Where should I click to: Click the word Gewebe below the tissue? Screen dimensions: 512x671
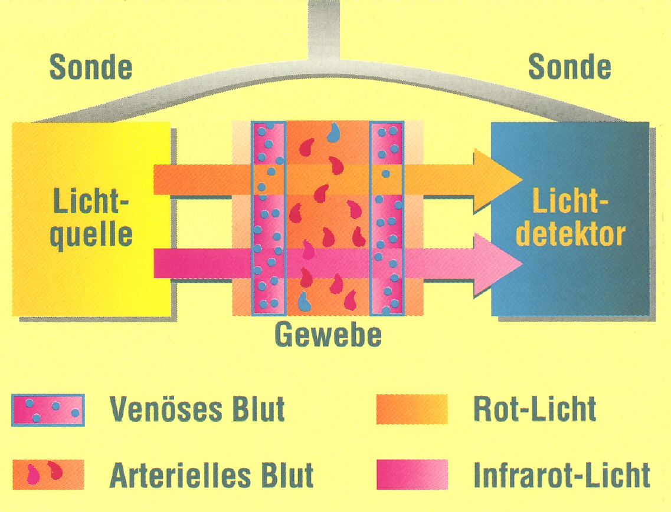(328, 335)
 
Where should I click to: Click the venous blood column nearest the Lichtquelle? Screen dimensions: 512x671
(269, 218)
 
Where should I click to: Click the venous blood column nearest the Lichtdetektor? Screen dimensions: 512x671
(387, 218)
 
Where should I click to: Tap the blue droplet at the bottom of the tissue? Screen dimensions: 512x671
(304, 301)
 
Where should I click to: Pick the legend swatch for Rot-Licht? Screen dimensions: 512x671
(411, 409)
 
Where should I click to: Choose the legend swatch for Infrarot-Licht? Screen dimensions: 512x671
(411, 474)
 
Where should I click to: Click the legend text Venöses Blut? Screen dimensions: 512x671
(197, 408)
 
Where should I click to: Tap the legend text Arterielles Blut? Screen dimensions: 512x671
(211, 474)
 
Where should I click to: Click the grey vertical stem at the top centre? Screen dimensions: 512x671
(325, 27)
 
